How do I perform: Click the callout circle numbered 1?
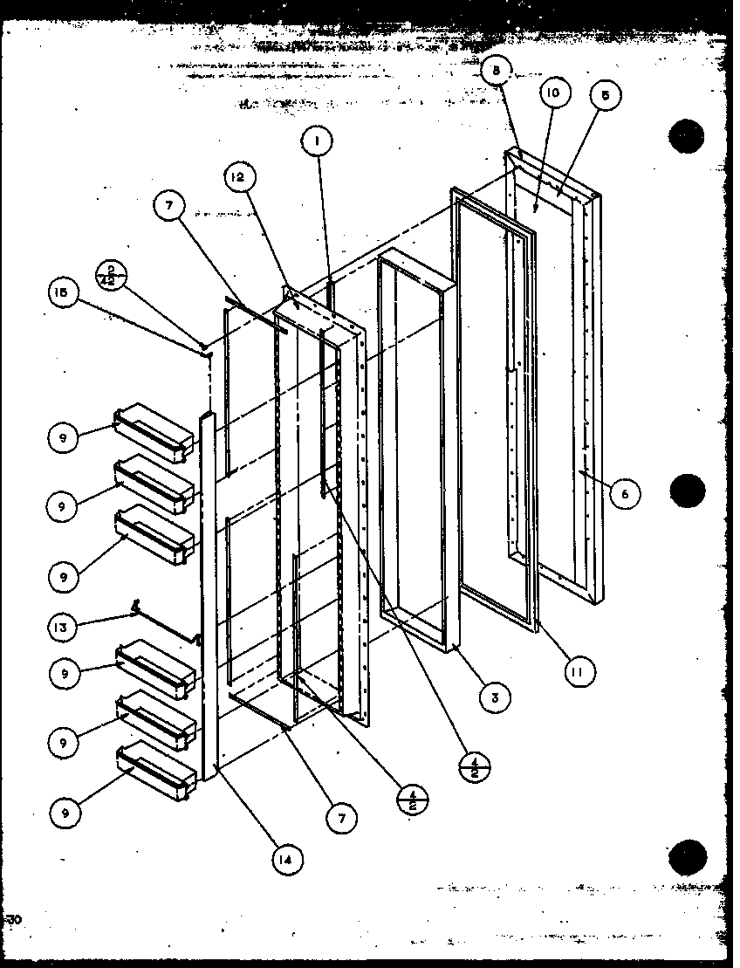click(318, 141)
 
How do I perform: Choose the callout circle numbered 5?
click(604, 97)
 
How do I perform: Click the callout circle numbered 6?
click(624, 494)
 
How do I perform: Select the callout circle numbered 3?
click(495, 697)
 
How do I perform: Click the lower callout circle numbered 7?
click(340, 819)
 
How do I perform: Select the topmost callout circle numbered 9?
click(64, 437)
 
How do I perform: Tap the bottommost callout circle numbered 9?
click(64, 812)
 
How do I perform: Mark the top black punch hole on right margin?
click(687, 135)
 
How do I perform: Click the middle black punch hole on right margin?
click(687, 490)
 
